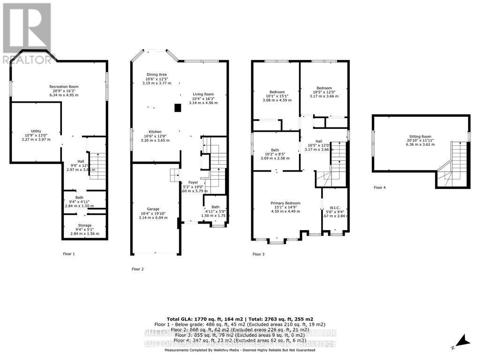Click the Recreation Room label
(x=64, y=87)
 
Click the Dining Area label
(x=156, y=75)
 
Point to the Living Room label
(x=203, y=94)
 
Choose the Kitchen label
(x=155, y=132)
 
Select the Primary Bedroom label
(x=285, y=203)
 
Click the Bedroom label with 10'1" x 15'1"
(x=277, y=92)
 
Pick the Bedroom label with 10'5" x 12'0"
(x=323, y=88)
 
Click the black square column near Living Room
(x=178, y=108)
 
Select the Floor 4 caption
(x=380, y=187)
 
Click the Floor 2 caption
(x=137, y=269)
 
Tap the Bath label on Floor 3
(x=275, y=150)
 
